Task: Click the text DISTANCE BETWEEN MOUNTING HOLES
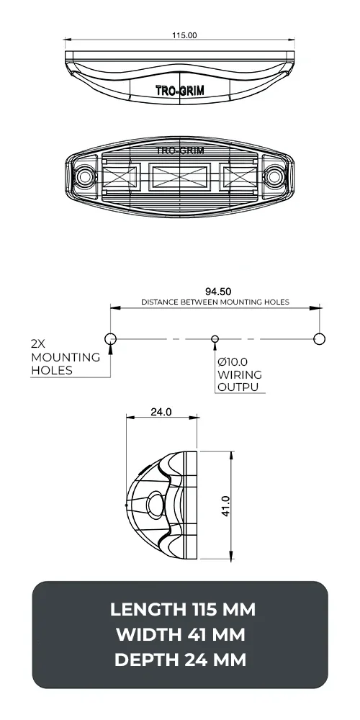[215, 302]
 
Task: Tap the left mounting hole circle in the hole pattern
[110, 338]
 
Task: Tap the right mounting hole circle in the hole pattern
[320, 338]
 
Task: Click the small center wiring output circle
[214, 338]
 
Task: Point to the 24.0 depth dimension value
[161, 413]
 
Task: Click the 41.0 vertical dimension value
[225, 506]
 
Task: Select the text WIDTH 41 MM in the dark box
[180, 635]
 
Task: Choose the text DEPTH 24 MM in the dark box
[180, 660]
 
